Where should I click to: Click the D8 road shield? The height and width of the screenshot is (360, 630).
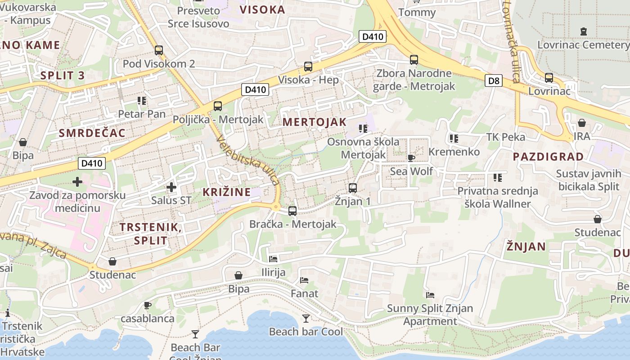point(494,81)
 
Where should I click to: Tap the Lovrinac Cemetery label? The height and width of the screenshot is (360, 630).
point(583,45)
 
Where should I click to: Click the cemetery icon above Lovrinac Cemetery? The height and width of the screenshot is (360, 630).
point(584,31)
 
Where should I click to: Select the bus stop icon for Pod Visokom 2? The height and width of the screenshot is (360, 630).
point(158,50)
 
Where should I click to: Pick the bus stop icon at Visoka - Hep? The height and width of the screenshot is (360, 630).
point(308,67)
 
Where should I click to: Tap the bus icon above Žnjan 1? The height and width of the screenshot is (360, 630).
point(353,188)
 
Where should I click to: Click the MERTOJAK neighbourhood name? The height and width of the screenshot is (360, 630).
point(315,122)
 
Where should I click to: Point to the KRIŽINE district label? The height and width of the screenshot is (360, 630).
point(226,192)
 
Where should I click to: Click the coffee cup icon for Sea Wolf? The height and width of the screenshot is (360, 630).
point(411,157)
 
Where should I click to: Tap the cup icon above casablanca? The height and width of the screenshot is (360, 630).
point(147,306)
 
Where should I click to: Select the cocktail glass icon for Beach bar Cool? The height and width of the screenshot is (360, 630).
point(306,319)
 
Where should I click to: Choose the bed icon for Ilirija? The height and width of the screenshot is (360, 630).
point(273,259)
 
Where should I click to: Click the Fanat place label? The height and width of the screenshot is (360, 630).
point(304,294)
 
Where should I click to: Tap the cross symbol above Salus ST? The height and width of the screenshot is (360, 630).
point(171,187)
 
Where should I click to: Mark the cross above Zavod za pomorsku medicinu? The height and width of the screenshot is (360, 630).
point(77,182)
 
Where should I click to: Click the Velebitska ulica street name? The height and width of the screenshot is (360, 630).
point(248,160)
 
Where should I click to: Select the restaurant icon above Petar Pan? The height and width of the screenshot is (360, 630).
point(142,101)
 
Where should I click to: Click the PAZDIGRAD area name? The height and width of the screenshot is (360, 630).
point(548,157)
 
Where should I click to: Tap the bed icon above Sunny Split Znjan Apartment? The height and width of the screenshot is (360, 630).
point(430,295)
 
